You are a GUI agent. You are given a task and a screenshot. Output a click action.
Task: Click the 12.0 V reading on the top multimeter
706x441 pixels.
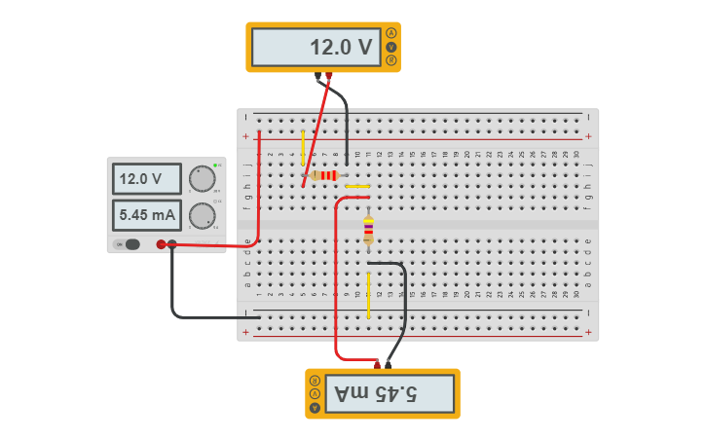coord(315,47)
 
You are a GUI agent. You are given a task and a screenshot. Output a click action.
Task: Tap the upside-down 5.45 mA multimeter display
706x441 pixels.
coord(390,393)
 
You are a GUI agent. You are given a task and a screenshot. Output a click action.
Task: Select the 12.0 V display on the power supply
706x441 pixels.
coord(146,179)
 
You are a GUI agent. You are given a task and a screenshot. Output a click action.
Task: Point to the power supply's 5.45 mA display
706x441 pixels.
coord(146,214)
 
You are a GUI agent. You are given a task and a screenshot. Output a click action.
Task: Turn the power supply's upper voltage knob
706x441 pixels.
coord(202,179)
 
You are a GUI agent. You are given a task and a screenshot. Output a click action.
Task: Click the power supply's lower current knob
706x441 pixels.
coord(202,215)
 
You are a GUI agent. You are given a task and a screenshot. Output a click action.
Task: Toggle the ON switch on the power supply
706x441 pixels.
coord(129,244)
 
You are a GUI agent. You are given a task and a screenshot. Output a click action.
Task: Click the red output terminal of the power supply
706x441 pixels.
coord(161,244)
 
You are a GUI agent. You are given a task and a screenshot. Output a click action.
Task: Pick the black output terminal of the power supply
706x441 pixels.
coord(172,244)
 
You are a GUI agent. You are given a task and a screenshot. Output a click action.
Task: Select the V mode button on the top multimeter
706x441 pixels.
coord(391,47)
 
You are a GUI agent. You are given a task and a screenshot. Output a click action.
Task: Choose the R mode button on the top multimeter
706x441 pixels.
coord(391,60)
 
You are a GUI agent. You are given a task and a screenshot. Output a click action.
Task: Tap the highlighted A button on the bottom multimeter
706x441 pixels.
coord(315,380)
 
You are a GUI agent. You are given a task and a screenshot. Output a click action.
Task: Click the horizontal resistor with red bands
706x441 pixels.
coord(325,175)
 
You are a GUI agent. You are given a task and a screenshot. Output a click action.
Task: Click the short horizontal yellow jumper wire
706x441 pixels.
coord(357,186)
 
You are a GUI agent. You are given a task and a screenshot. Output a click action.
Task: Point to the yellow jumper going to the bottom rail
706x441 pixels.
coord(368,295)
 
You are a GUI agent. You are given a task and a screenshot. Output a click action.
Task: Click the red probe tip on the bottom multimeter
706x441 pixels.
coord(377,365)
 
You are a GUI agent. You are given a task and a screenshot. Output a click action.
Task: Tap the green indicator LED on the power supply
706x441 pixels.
coord(215,165)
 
